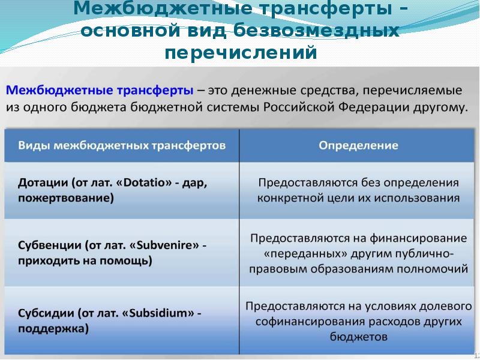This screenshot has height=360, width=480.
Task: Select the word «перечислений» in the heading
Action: click(x=241, y=53)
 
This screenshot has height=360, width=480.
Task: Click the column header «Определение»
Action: click(x=358, y=145)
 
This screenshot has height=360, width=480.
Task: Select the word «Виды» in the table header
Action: click(x=34, y=145)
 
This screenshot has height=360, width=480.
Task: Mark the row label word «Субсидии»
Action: click(x=45, y=313)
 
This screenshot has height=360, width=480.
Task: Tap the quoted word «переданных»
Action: click(x=298, y=253)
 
